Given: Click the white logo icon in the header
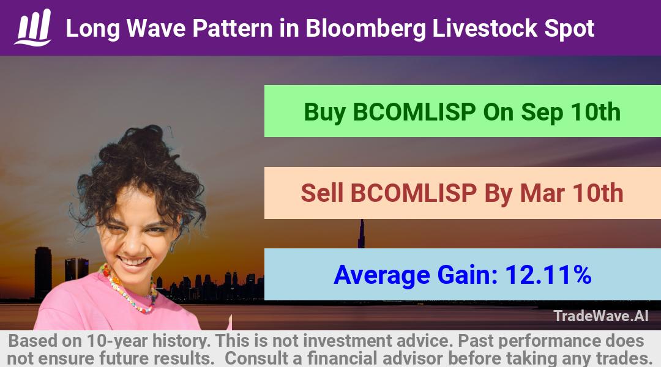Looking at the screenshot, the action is click(33, 27).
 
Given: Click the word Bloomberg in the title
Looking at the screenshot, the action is click(365, 29).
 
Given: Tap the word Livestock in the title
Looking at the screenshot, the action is click(485, 28).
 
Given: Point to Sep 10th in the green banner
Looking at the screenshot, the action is click(571, 113).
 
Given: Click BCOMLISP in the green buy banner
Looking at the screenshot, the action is click(414, 112).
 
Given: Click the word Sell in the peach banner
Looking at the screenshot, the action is click(322, 193).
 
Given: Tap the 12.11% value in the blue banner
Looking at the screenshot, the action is click(548, 275).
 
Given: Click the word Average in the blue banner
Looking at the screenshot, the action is click(381, 275).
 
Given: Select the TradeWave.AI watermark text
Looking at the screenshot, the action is click(601, 316).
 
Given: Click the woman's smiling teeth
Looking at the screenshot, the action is click(133, 262).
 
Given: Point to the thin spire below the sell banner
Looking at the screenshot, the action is click(361, 234).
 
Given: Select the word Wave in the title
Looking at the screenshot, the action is click(156, 29).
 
